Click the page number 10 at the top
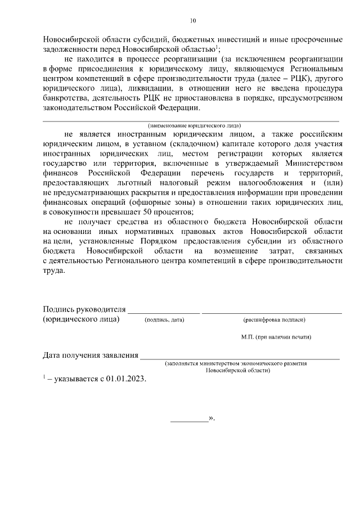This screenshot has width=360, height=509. click(193, 21)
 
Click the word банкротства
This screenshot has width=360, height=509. click(65, 97)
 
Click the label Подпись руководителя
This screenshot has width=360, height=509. click(83, 309)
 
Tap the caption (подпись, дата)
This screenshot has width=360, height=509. click(164, 320)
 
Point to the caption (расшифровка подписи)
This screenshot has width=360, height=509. click(274, 320)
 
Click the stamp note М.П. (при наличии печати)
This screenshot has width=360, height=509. click(276, 337)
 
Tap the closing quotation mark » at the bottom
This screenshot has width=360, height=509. click(211, 419)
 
